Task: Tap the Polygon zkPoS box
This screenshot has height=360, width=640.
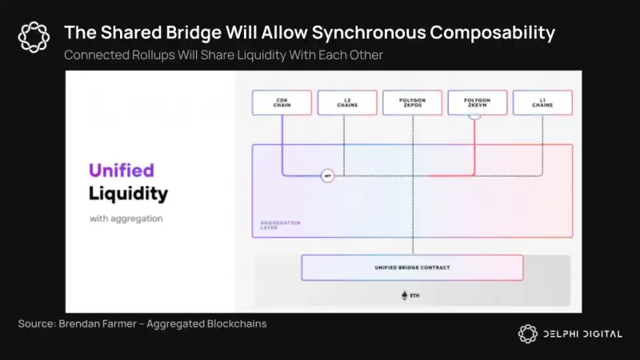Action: coord(412,102)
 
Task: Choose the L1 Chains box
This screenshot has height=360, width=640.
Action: coord(542,102)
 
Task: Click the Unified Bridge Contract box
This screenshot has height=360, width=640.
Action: coord(412,267)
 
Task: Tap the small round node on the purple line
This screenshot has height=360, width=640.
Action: coord(327,176)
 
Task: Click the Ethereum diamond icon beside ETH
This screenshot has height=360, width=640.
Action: coord(404,295)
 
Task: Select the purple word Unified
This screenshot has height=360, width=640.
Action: coord(121,170)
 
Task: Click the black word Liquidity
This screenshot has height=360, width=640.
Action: coord(128,194)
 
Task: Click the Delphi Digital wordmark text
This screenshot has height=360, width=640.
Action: coord(582,334)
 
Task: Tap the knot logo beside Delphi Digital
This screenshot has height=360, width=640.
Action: coord(527,334)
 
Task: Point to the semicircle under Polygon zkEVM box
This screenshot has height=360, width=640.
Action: coord(475,116)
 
